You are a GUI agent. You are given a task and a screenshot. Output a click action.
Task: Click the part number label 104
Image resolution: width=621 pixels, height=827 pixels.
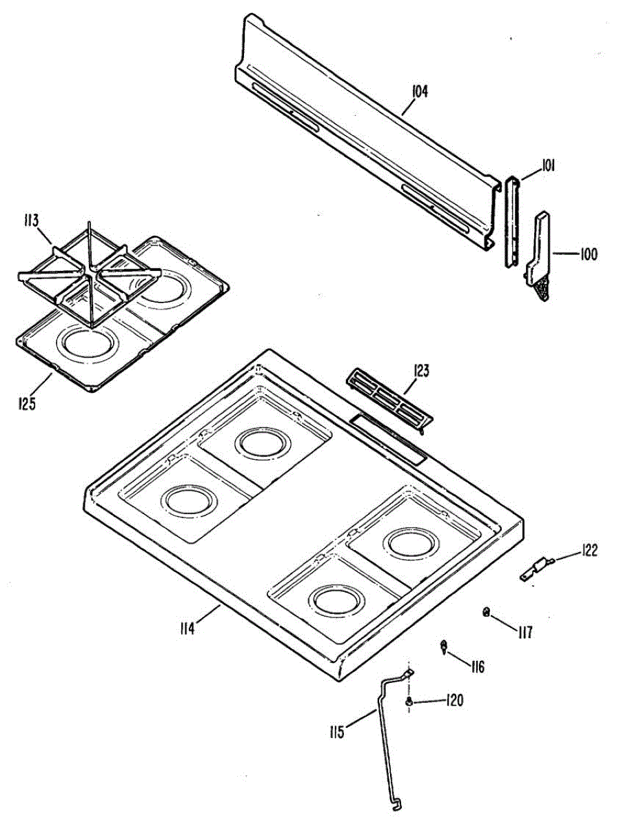point(420,91)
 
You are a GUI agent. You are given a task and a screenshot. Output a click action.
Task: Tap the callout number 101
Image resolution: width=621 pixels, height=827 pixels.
point(549,165)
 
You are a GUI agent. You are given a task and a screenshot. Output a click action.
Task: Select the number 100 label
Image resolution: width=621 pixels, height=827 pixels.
point(588,254)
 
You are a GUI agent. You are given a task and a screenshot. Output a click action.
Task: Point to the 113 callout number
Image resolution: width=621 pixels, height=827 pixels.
point(30,221)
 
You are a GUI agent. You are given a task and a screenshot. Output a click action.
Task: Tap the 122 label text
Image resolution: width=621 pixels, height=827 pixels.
point(589,550)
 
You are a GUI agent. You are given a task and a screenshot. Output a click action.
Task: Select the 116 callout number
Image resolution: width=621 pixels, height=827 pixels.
point(477,666)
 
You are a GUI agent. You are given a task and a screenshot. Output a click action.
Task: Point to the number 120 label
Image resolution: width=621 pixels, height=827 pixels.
point(454,701)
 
